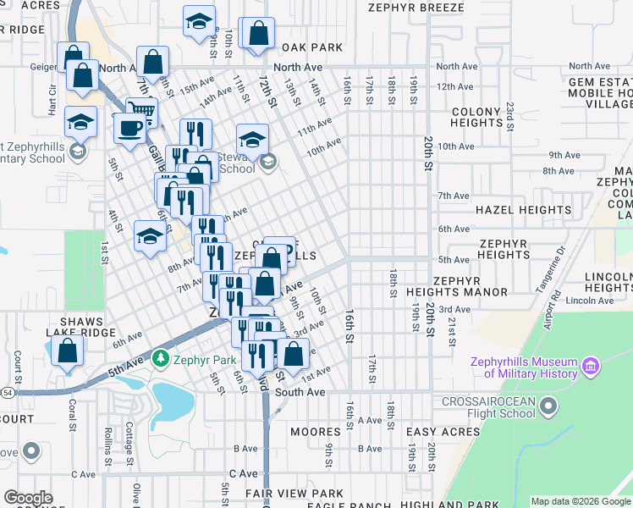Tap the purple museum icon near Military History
[x=591, y=367]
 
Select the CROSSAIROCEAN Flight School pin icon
[x=548, y=407]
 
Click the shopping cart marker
[x=141, y=111]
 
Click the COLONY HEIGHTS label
[x=476, y=117]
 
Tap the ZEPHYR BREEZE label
[x=416, y=8]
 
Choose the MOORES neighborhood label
[x=315, y=432]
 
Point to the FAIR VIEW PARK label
[x=294, y=493]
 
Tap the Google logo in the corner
[x=28, y=498]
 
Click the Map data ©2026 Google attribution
[x=580, y=501]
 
